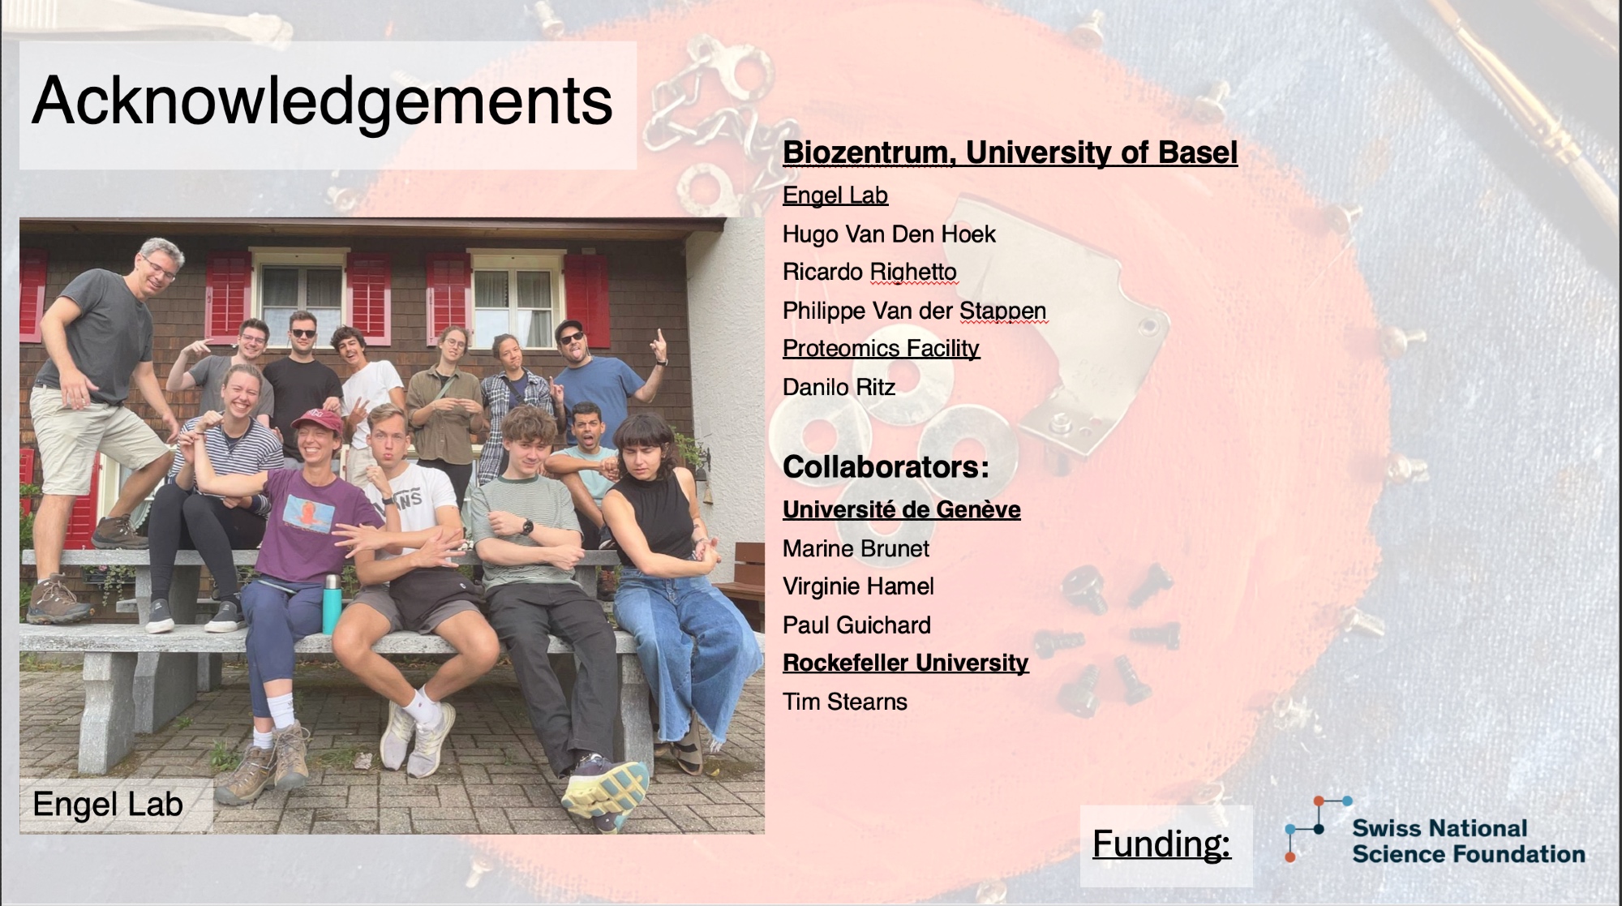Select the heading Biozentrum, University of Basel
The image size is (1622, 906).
1010,152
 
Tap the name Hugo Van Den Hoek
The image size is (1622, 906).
889,234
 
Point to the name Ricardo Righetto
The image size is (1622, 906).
869,273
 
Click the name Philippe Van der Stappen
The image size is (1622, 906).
914,311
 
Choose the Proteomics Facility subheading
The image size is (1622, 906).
881,349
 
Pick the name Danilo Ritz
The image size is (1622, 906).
839,388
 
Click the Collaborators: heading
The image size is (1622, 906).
886,466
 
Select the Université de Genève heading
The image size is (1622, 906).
901,509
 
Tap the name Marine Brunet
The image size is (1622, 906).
856,549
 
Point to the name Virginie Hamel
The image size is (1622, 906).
858,586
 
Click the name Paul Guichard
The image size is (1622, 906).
856,625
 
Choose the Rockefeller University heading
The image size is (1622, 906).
905,663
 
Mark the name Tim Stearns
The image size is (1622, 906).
844,702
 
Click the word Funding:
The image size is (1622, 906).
1161,844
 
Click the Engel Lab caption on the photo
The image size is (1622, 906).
108,805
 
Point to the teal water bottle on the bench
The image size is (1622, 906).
330,604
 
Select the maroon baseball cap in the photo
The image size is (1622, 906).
315,419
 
